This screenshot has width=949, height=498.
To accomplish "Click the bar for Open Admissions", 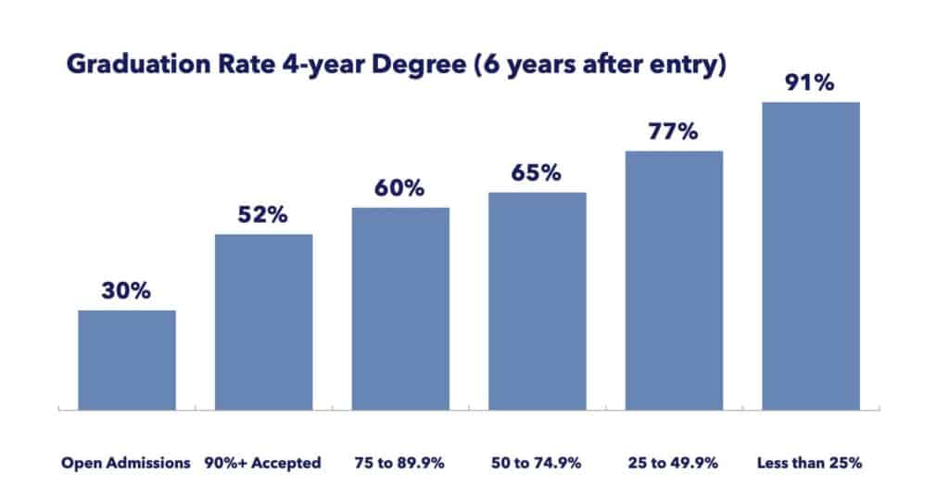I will (127, 359).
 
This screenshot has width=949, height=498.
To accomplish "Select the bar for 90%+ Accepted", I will (263, 321).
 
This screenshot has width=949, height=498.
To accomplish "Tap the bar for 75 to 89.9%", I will (400, 307).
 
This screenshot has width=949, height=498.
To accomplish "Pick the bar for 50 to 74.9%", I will (538, 300).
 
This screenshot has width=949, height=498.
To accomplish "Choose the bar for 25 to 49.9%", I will (674, 279).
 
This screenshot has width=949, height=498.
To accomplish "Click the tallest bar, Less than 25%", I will (811, 255).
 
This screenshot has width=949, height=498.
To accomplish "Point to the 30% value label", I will (127, 291).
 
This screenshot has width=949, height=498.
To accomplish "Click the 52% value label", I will (263, 215).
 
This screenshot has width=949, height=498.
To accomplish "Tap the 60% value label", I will (400, 188).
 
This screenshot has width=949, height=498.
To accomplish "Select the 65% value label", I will (538, 173).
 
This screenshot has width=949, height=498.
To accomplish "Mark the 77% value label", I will (674, 132).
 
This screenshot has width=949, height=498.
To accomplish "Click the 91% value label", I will (811, 83).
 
